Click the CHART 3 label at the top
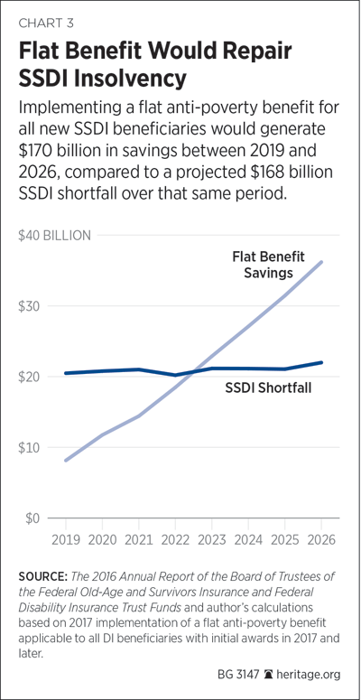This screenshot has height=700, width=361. click(x=46, y=23)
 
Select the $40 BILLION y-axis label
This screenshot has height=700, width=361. click(x=54, y=236)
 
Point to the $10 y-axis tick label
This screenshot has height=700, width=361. click(x=30, y=448)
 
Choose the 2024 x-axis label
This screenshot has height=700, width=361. click(x=248, y=539)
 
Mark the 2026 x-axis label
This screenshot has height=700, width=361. click(x=321, y=539)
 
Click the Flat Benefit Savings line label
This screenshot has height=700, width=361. click(x=269, y=265)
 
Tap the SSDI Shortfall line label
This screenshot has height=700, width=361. click(x=268, y=388)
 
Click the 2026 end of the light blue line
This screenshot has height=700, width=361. click(x=321, y=262)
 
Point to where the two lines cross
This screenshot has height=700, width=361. click(x=190, y=372)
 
